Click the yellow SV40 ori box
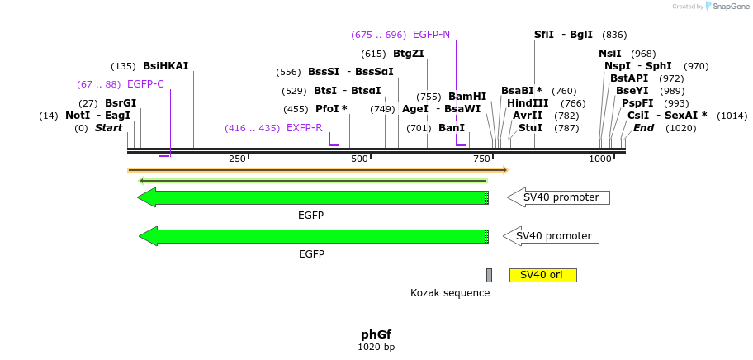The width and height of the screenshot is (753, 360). tap(542, 275)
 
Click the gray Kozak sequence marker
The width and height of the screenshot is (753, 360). tap(489, 275)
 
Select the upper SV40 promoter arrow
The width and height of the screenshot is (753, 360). tap(558, 197)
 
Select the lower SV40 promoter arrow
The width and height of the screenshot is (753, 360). tap(552, 236)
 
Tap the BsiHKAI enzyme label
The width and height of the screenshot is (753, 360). tap(165, 66)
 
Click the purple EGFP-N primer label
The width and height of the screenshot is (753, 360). tap(431, 35)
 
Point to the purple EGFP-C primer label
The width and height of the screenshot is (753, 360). tap(145, 84)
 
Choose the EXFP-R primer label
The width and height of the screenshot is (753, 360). tap(304, 128)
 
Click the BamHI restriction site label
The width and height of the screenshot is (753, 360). tap(467, 97)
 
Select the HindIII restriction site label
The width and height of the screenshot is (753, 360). tap(528, 103)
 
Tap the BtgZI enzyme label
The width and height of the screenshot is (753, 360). tap(408, 54)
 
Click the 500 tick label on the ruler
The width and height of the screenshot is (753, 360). tap(359, 159)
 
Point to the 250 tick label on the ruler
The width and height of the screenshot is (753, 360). tap(237, 159)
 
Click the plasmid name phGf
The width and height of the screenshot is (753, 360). tap(376, 334)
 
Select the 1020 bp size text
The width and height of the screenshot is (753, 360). tap(376, 348)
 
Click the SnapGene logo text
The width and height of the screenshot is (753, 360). tap(731, 7)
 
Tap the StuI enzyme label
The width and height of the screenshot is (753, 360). tap(530, 128)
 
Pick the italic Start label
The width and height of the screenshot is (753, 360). tap(108, 128)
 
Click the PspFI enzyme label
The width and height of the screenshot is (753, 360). tap(637, 103)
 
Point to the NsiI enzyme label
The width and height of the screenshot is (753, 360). tap(610, 54)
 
